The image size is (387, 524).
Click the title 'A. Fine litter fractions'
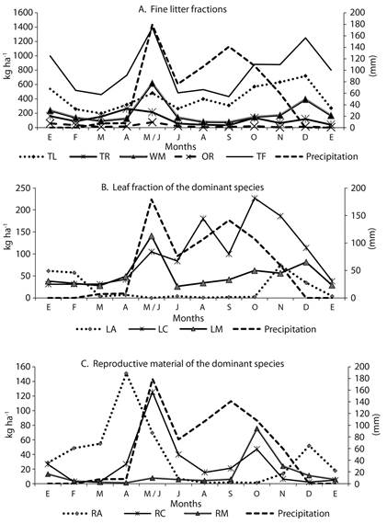pos(182,9)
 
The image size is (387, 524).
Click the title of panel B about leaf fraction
pos(182,187)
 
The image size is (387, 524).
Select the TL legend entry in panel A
pos(38,156)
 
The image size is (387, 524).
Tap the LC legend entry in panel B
pos(148,329)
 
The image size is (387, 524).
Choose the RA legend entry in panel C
pos(83,513)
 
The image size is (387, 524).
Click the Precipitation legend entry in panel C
pos(287,513)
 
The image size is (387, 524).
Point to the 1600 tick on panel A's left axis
pos(23,13)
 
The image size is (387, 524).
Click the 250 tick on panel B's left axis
pos(24,188)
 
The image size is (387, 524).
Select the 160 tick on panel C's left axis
pos(23,367)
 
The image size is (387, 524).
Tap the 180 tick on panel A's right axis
pos(358,25)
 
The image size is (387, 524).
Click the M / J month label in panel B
pos(152,307)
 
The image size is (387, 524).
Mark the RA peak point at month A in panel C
pos(126,373)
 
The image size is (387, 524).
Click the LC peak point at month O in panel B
pos(255,198)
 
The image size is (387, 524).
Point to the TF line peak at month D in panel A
pos(305,38)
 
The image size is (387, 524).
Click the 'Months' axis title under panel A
pos(180,146)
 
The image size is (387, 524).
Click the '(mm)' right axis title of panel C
pos(376,424)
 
